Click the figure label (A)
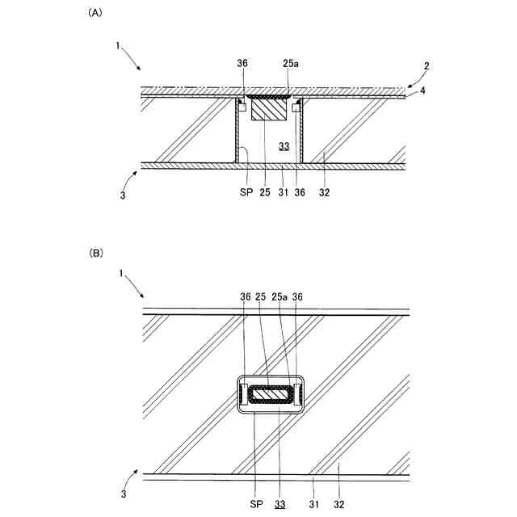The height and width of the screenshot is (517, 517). (95, 14)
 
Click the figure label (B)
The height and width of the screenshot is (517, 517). (95, 253)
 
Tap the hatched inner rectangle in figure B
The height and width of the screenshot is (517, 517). (271, 395)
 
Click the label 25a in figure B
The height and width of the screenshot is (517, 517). (280, 297)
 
